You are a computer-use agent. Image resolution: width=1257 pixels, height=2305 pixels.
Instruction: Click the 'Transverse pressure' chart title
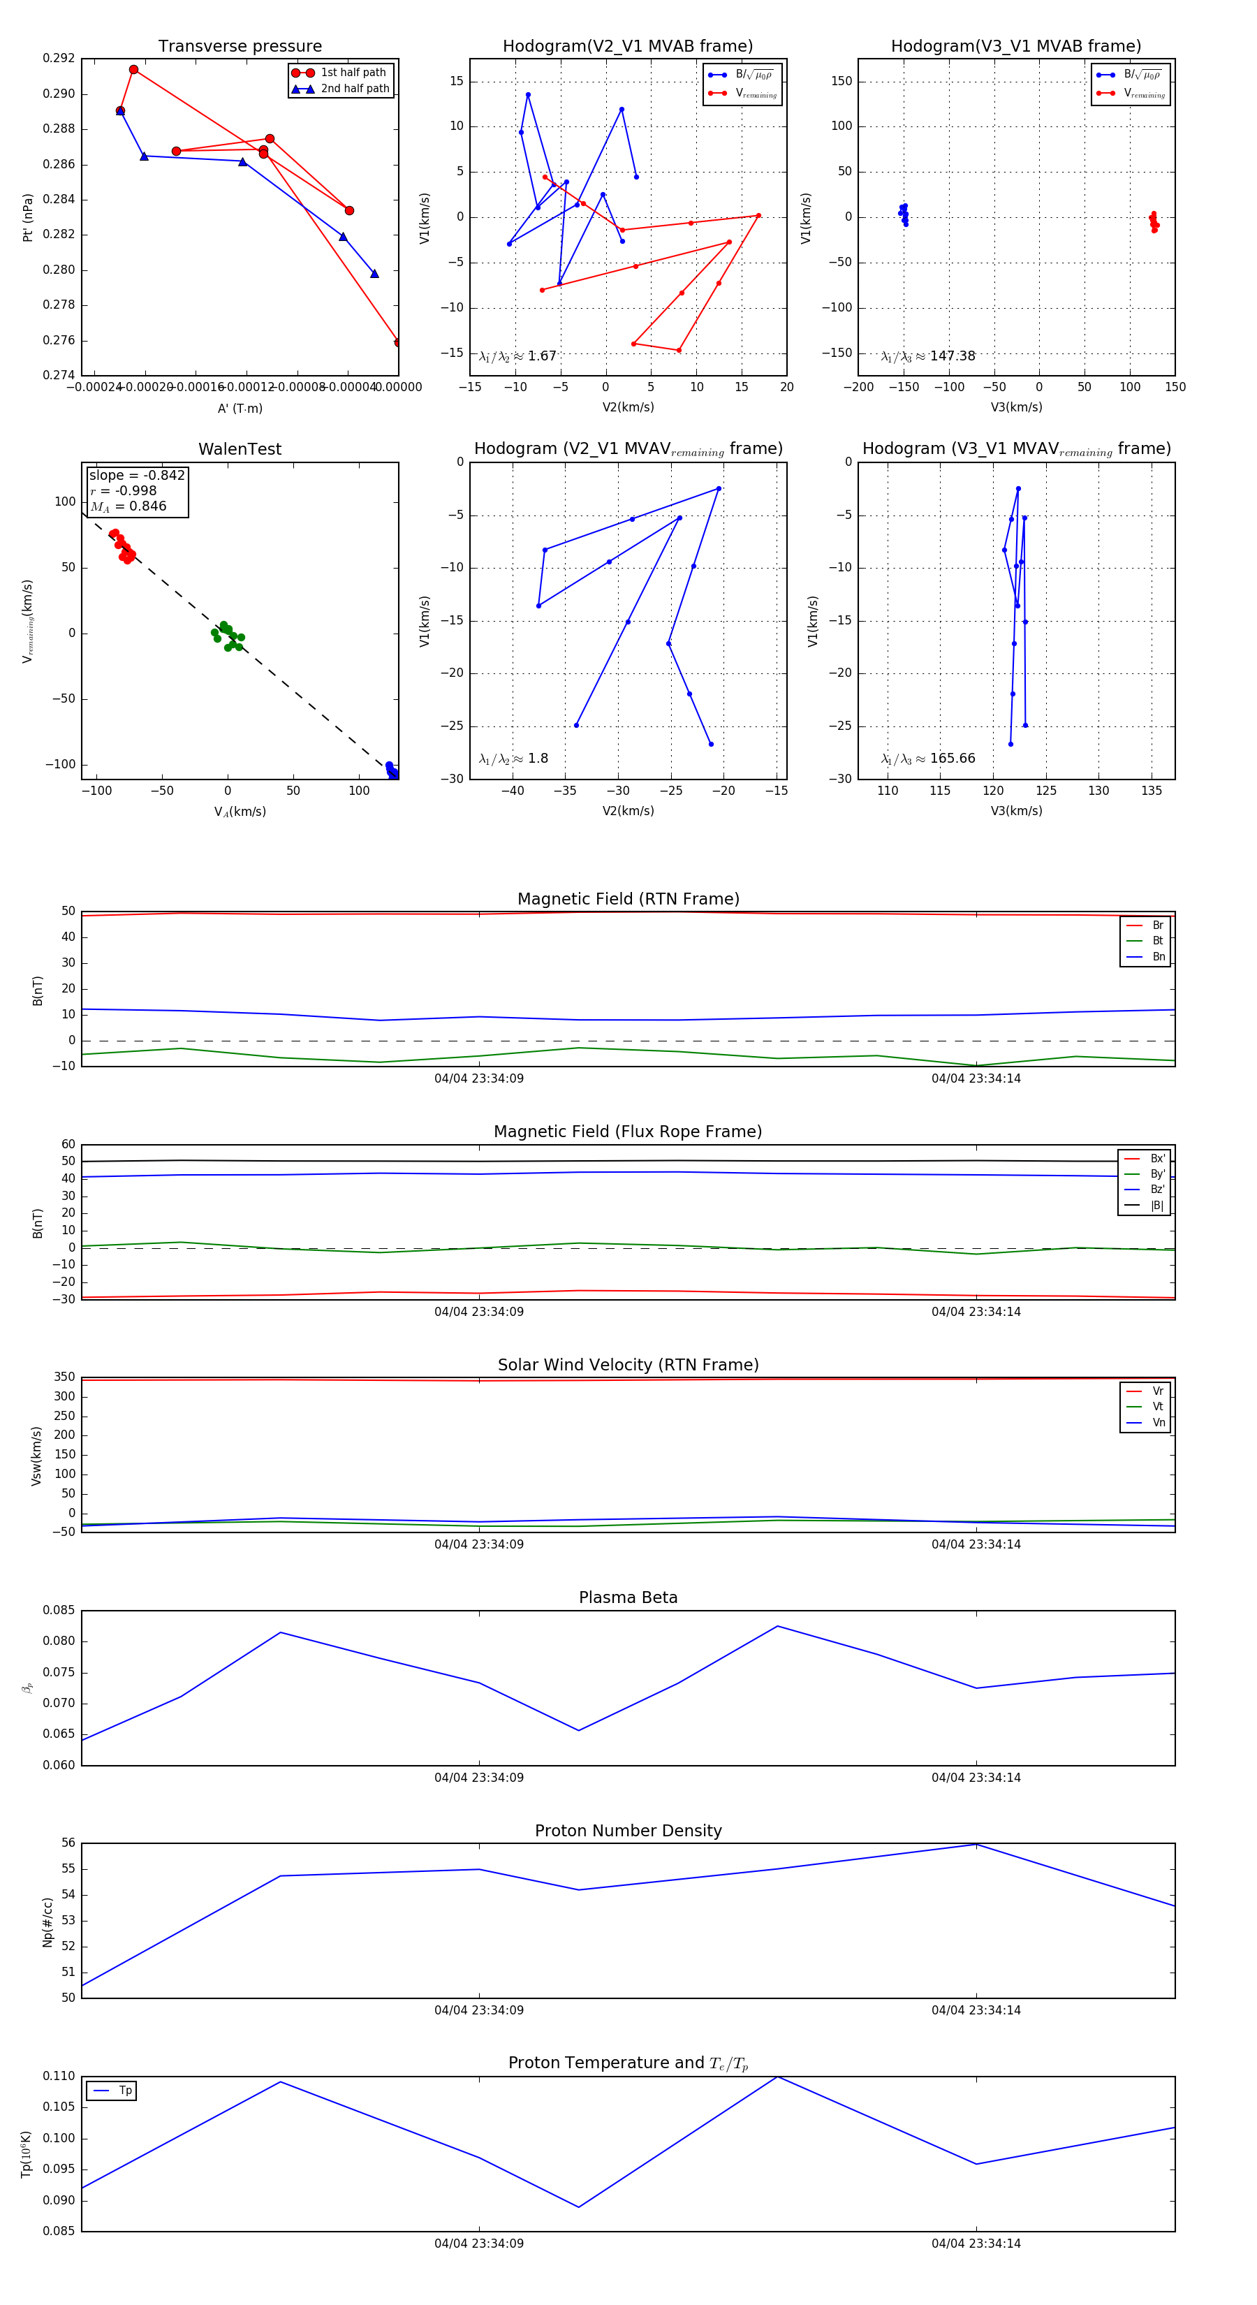pyautogui.click(x=240, y=47)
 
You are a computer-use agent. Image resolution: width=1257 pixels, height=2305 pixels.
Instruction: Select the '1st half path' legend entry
pyautogui.click(x=353, y=73)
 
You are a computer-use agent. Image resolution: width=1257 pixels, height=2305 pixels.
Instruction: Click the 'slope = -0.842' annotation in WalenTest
pyautogui.click(x=137, y=475)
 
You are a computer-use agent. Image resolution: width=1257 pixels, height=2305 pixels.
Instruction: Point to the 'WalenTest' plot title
pyautogui.click(x=240, y=449)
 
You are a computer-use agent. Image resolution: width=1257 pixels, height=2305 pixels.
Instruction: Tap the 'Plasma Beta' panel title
pyautogui.click(x=628, y=1598)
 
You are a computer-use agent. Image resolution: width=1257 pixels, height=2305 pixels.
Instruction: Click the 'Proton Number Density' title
pyautogui.click(x=628, y=1831)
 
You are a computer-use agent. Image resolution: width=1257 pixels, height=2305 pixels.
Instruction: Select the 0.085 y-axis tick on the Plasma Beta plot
pyautogui.click(x=59, y=1611)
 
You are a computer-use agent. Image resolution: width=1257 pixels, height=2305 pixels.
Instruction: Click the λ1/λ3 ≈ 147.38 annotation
pyautogui.click(x=928, y=356)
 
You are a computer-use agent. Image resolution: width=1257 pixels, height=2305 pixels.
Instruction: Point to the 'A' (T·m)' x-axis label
pyautogui.click(x=240, y=409)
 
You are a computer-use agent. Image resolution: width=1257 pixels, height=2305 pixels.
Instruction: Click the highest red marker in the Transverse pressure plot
pyautogui.click(x=133, y=70)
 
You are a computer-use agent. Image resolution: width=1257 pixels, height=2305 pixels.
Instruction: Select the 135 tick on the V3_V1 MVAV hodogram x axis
pyautogui.click(x=1152, y=791)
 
